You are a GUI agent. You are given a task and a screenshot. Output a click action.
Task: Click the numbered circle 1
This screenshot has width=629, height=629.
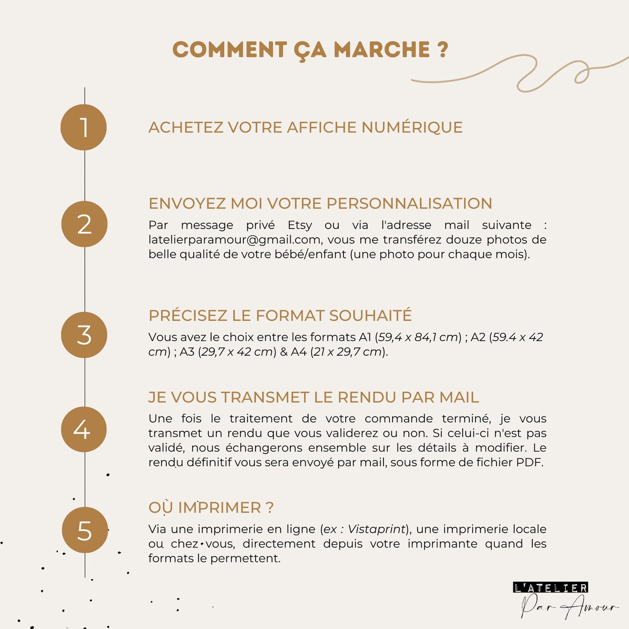(84, 128)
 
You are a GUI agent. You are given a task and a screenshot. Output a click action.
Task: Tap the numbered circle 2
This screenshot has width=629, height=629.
(84, 224)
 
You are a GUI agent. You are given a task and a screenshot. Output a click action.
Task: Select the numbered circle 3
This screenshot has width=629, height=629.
(84, 335)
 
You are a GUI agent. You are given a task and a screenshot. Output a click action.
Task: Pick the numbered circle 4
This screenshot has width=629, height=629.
(84, 430)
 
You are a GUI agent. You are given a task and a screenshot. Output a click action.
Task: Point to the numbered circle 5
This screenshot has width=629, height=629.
(84, 530)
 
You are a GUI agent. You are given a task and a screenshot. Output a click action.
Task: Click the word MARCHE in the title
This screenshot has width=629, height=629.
(382, 50)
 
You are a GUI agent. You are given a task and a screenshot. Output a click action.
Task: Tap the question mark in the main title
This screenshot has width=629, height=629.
(442, 50)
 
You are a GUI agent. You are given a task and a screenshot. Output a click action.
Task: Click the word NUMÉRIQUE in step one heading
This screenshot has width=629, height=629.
(412, 128)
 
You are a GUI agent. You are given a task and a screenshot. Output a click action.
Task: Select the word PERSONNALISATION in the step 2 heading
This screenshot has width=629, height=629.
(409, 204)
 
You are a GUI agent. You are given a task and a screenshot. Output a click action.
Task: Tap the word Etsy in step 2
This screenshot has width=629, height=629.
(299, 225)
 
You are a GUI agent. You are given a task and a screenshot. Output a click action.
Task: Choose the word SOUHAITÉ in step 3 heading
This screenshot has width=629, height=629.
(370, 316)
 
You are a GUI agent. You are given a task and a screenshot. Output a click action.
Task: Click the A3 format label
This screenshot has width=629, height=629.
(187, 352)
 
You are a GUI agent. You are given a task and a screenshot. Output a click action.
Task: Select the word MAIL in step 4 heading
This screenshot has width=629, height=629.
(459, 397)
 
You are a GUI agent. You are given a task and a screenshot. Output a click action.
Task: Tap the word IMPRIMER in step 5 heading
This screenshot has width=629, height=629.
(219, 508)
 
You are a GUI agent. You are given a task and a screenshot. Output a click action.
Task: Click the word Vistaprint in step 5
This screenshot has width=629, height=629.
(377, 529)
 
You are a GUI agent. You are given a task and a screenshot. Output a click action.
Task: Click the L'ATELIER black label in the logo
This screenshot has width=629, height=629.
(551, 588)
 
